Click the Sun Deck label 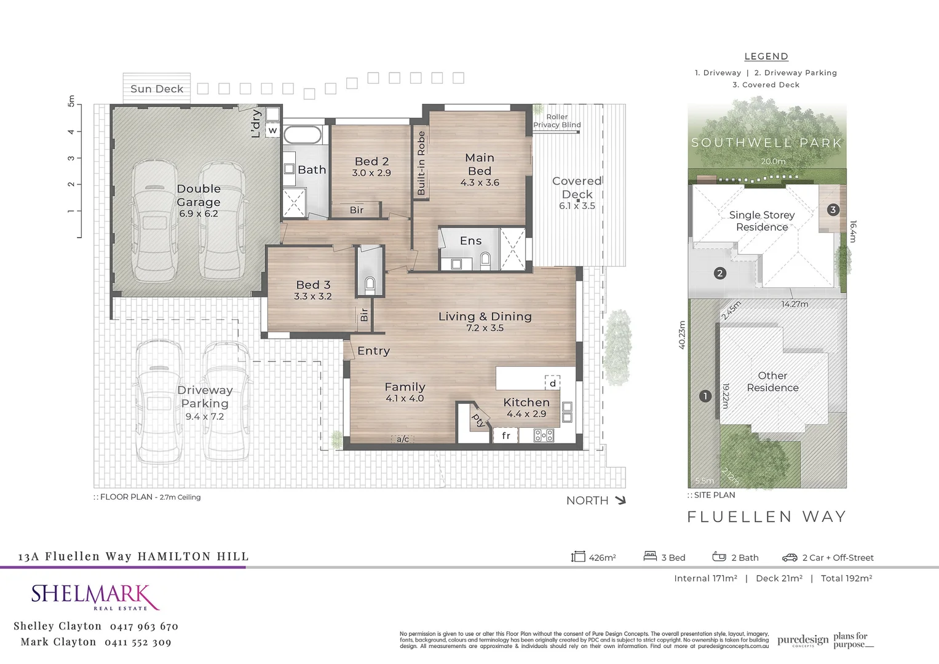tap(157, 89)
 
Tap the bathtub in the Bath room tap(302, 135)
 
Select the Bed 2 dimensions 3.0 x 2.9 tap(371, 173)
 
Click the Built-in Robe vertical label tap(421, 164)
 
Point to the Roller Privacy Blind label tap(557, 121)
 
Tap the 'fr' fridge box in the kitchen tap(505, 435)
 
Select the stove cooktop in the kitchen tap(544, 435)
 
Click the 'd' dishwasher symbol tap(552, 383)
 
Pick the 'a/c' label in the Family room tap(403, 439)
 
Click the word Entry tap(374, 351)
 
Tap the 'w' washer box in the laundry tap(272, 130)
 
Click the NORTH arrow tap(620, 500)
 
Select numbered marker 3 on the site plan tap(833, 210)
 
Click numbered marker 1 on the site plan tap(705, 396)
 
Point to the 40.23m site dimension tap(682, 335)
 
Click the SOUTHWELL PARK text tap(766, 143)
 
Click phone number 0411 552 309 tap(138, 642)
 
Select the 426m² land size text tap(602, 558)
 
